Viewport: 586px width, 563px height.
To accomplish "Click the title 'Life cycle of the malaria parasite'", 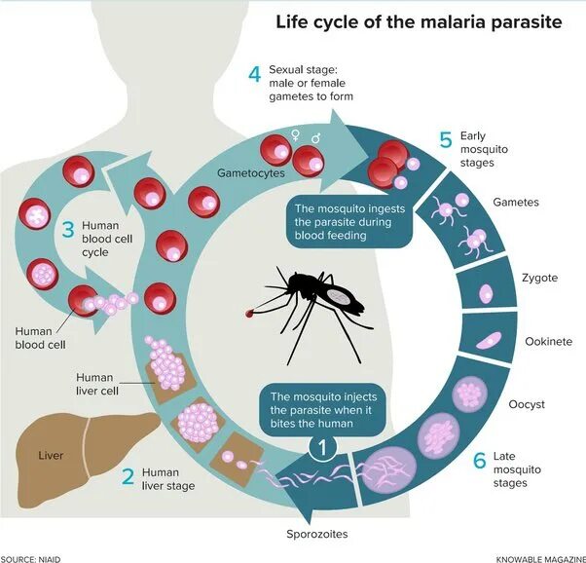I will click(x=419, y=21).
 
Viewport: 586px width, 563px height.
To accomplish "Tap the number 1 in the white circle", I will click(x=325, y=450).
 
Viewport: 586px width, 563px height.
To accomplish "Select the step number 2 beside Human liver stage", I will click(x=128, y=477).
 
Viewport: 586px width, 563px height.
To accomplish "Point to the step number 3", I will click(x=68, y=231).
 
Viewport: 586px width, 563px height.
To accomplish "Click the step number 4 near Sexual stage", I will click(x=254, y=75).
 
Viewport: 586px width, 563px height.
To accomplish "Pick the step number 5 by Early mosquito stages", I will click(x=445, y=140).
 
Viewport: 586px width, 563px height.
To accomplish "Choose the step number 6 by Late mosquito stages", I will click(x=479, y=461).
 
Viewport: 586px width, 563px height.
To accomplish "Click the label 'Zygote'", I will click(x=539, y=278).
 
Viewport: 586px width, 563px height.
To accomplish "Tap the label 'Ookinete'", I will click(x=549, y=342).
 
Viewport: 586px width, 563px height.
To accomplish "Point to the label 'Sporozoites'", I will click(x=316, y=534).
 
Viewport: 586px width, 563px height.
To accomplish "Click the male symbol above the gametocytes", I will click(x=315, y=139).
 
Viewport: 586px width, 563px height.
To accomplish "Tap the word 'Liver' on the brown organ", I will click(x=51, y=455).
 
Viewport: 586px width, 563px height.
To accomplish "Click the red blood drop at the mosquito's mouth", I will click(x=252, y=314).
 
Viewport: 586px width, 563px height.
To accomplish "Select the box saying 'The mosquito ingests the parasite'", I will click(x=350, y=221).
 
